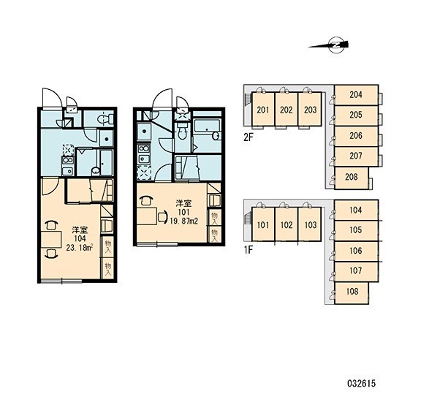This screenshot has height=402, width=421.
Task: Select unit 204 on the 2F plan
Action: pyautogui.click(x=356, y=95)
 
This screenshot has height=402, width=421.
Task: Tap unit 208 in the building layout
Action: pyautogui.click(x=352, y=177)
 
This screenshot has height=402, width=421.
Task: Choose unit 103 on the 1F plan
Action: pyautogui.click(x=310, y=224)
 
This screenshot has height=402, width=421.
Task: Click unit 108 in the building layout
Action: pyautogui.click(x=352, y=292)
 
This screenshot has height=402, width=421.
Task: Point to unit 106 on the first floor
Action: pyautogui.click(x=356, y=251)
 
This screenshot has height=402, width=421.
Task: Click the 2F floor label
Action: pyautogui.click(x=249, y=137)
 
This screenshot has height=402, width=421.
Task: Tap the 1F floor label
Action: pyautogui.click(x=249, y=250)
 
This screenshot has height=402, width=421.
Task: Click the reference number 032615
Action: pyautogui.click(x=361, y=384)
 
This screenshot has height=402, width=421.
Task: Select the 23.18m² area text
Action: pyautogui.click(x=80, y=248)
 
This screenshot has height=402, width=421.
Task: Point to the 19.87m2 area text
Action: pyautogui.click(x=184, y=221)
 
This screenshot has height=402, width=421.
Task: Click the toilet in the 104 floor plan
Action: pyautogui.click(x=105, y=118)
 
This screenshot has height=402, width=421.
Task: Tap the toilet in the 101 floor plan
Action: pyautogui.click(x=183, y=132)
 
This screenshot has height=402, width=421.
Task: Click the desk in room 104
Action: pyautogui.click(x=51, y=239)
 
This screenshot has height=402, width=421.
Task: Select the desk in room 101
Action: pyautogui.click(x=147, y=216)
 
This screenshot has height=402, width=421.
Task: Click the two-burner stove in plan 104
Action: pyautogui.click(x=68, y=160)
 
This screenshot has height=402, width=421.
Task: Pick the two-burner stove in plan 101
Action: pyautogui.click(x=144, y=148)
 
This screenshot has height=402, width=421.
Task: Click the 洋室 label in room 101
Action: pyautogui.click(x=183, y=202)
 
